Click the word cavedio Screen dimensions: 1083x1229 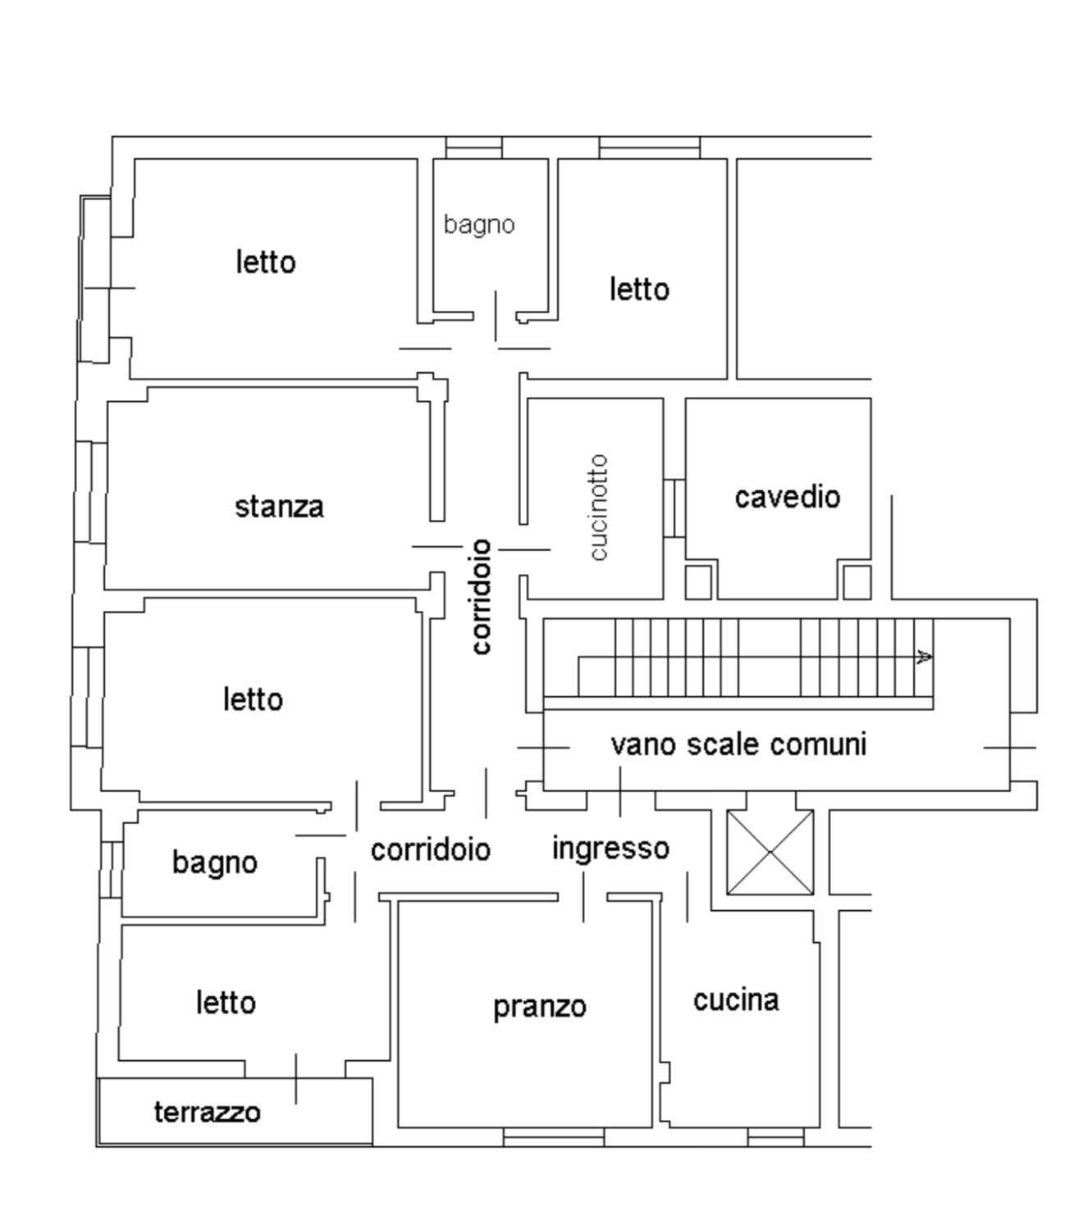tap(788, 498)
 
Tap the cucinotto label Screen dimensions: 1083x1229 tap(599, 508)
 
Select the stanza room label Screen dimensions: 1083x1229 tap(279, 508)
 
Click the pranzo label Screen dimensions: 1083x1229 tap(540, 1008)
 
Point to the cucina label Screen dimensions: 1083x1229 tap(736, 999)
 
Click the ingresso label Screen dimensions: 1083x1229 tap(610, 849)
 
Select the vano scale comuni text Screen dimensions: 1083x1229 tap(738, 744)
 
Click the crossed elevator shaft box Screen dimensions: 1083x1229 tap(770, 853)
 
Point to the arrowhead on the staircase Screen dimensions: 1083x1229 tap(925, 657)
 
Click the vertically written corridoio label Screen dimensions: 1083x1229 tap(482, 597)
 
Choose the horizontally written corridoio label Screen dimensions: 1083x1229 tap(431, 850)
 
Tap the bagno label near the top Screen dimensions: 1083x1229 tap(479, 225)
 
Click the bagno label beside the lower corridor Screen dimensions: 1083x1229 tap(215, 863)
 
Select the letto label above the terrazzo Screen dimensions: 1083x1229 tap(226, 1003)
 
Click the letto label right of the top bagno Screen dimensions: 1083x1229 tap(639, 289)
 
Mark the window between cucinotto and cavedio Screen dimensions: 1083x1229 tap(674, 508)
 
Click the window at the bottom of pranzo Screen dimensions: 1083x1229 tap(554, 1137)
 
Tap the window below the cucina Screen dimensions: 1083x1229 tap(776, 1137)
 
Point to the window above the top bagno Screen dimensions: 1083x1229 tap(473, 148)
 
